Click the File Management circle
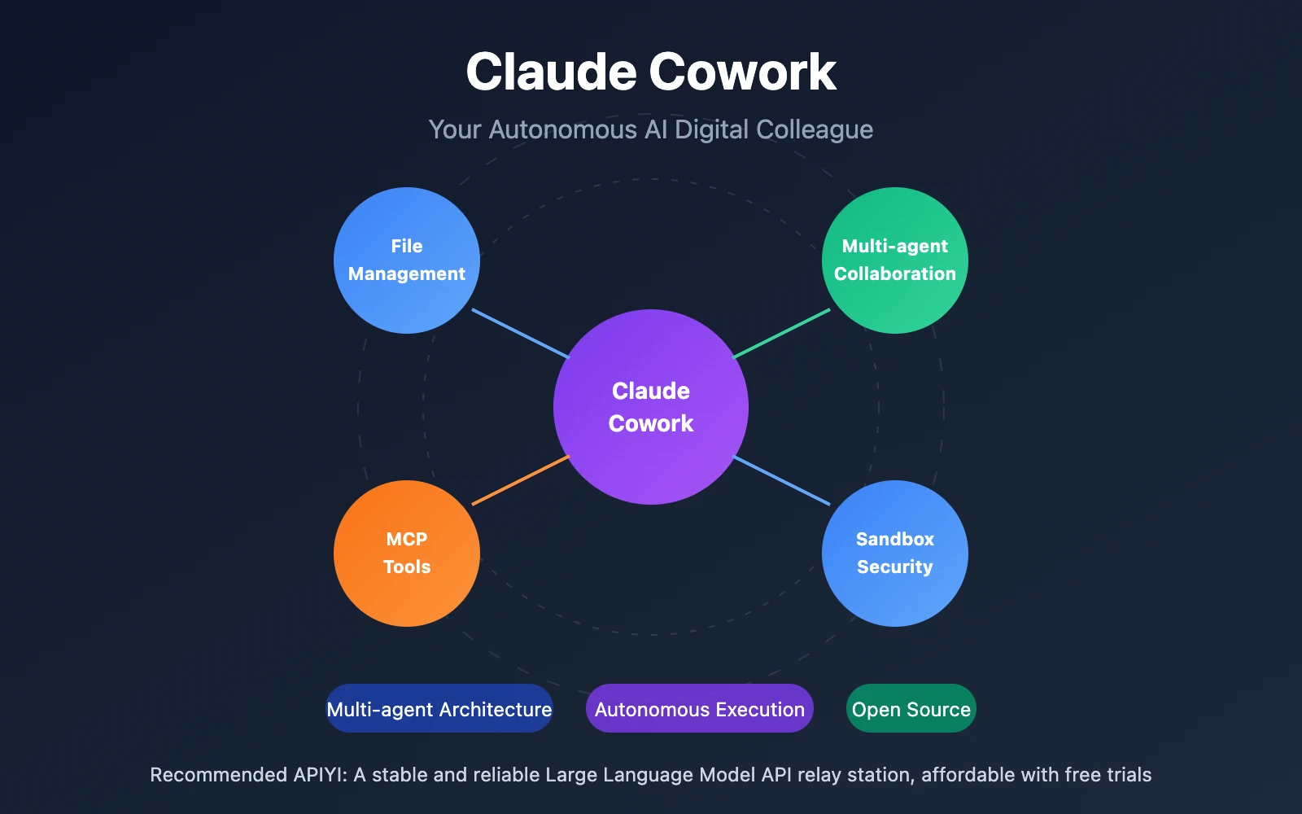[407, 260]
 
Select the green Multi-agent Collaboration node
[895, 260]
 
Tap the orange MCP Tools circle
[407, 554]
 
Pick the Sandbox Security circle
[895, 554]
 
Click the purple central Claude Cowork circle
[651, 407]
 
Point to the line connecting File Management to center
[520, 333]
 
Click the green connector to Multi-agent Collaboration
[782, 333]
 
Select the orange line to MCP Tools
[520, 480]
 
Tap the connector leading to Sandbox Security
[782, 480]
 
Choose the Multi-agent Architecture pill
[439, 708]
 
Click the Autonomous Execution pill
[700, 708]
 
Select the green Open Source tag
[911, 708]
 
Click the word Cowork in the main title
[742, 72]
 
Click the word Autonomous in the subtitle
[562, 129]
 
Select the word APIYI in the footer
[320, 774]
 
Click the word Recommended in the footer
[218, 774]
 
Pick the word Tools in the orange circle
[407, 567]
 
